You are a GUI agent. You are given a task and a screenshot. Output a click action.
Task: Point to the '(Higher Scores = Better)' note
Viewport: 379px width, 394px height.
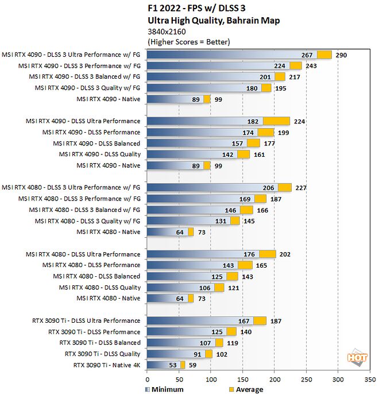click(188, 42)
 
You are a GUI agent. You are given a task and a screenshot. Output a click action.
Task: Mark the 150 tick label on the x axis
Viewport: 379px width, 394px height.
click(243, 379)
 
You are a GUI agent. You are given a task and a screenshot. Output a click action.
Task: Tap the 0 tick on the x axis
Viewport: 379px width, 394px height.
click(148, 379)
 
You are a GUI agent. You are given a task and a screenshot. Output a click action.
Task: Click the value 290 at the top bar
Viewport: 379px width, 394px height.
click(342, 55)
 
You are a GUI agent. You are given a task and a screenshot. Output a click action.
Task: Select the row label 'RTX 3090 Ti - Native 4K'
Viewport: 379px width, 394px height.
click(107, 365)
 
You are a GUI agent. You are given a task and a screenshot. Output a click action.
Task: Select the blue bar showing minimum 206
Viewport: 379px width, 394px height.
click(212, 187)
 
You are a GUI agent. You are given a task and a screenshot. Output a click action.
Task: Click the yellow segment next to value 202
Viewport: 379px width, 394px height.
click(267, 254)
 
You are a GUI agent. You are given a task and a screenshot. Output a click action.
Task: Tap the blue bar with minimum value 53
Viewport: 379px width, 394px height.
click(164, 365)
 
